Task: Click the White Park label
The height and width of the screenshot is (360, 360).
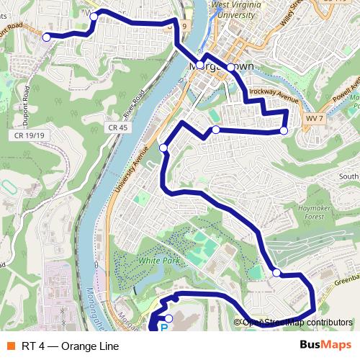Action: [x=159, y=261]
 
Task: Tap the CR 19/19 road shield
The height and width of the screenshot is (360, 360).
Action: [x=30, y=134]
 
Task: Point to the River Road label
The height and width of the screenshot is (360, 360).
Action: [x=134, y=104]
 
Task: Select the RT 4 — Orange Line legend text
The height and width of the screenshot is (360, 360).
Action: [x=70, y=346]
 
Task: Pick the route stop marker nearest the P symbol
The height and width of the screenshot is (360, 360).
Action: [x=168, y=318]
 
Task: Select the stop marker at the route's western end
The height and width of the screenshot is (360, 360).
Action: [x=47, y=37]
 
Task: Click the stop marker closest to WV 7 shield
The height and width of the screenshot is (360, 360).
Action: [x=284, y=130]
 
